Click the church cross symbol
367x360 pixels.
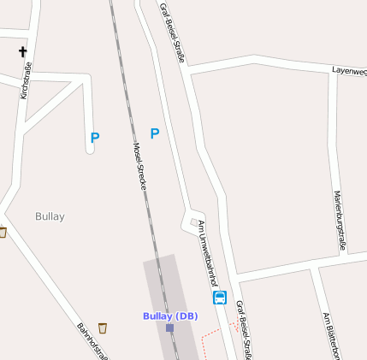coord(22,52)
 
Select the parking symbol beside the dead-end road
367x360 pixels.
coord(95,137)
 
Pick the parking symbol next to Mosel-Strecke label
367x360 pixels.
coord(155,133)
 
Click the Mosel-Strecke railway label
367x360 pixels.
coord(140,164)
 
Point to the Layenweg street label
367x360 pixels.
coord(349,70)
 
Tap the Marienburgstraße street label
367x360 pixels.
coord(340,220)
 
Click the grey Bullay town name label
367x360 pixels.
coord(50,216)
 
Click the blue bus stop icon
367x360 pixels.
coord(220,298)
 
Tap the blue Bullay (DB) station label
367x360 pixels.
coord(169,316)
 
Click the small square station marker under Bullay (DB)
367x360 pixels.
coord(169,328)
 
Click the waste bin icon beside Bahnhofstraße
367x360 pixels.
coord(104,328)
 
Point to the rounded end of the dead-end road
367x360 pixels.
coord(90,150)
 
